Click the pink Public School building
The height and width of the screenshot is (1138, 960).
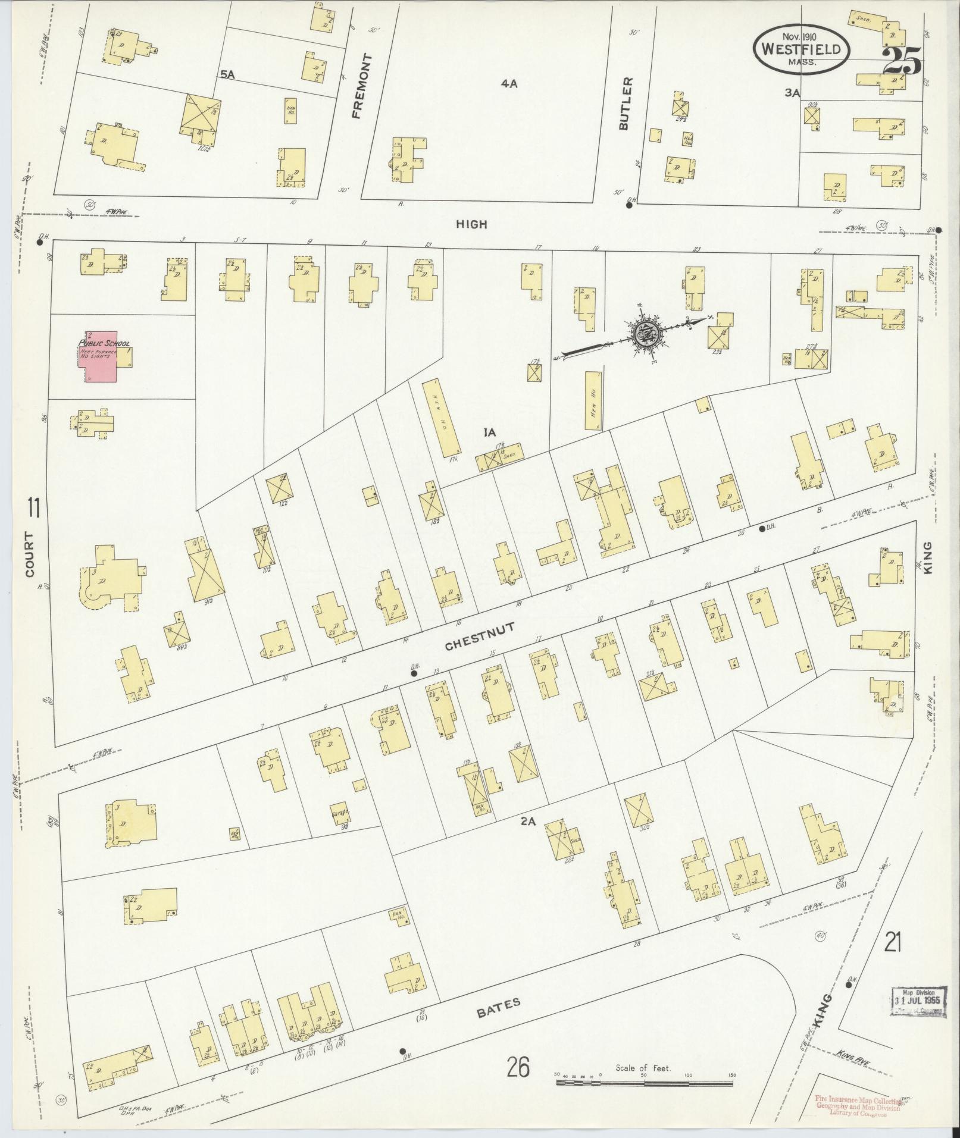pyautogui.click(x=101, y=356)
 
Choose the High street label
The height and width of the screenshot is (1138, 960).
pyautogui.click(x=471, y=224)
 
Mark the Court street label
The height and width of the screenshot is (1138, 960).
pyautogui.click(x=29, y=554)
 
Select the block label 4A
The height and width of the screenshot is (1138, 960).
pyautogui.click(x=508, y=84)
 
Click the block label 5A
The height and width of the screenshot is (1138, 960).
pyautogui.click(x=228, y=74)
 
